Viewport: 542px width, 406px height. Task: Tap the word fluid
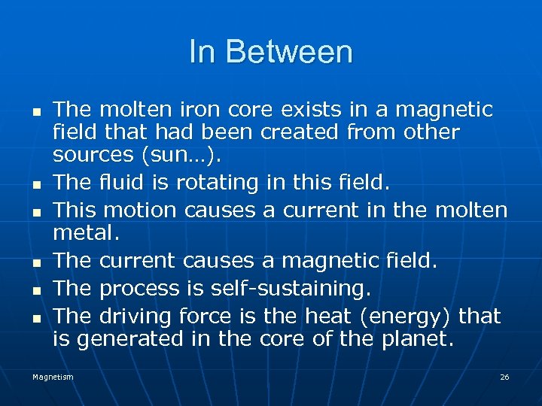coord(123,182)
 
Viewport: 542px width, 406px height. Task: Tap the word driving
coord(135,316)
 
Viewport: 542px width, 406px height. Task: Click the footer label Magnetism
coord(53,377)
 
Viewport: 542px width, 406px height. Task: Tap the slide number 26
coord(504,377)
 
